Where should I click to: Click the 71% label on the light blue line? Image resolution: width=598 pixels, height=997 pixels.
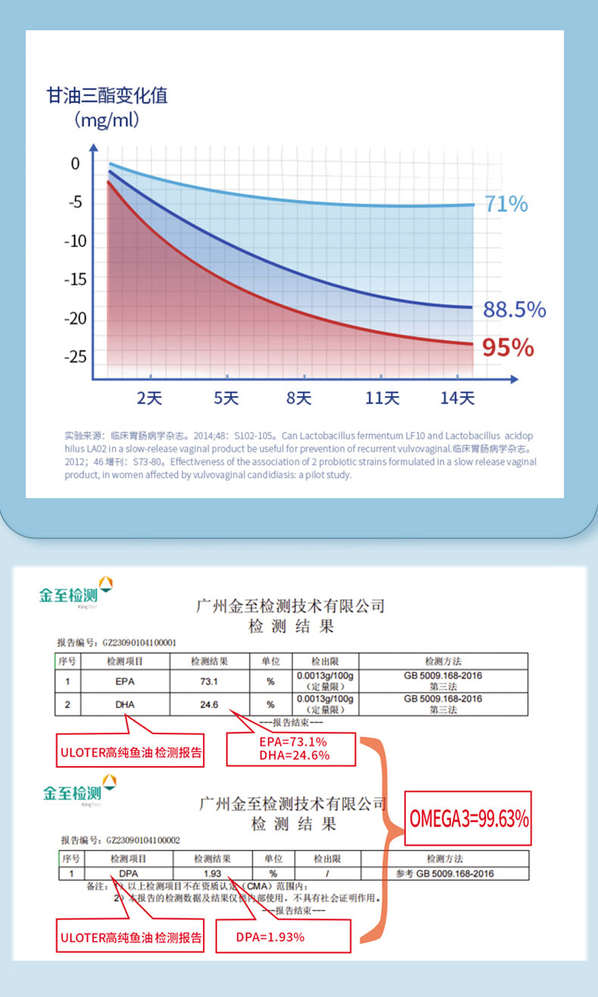(506, 204)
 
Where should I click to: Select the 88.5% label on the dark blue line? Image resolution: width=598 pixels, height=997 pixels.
(514, 310)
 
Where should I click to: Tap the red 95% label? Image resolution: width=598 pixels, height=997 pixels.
(508, 347)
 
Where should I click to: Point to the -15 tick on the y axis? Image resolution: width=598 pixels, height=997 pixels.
(75, 279)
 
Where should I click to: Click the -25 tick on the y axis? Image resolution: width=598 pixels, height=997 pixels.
(75, 357)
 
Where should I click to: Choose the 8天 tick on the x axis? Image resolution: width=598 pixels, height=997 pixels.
(299, 398)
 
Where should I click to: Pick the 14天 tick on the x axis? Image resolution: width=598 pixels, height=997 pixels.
(457, 398)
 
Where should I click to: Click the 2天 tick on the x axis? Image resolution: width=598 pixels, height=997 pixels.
(149, 398)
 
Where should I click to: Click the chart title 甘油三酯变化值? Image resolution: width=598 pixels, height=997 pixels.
(107, 96)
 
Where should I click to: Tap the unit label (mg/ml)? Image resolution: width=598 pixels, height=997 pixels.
(107, 120)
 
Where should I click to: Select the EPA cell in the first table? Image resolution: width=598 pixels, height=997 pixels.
(125, 681)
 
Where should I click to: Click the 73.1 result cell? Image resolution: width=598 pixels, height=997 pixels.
(209, 681)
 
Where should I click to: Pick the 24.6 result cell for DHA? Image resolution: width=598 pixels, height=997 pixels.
(209, 705)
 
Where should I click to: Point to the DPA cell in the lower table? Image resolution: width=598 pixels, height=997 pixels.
(128, 873)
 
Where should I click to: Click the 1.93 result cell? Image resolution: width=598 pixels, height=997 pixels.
(212, 873)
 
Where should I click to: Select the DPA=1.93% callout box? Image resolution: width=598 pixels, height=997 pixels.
(283, 936)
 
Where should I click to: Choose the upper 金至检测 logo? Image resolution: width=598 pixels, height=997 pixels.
(76, 594)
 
